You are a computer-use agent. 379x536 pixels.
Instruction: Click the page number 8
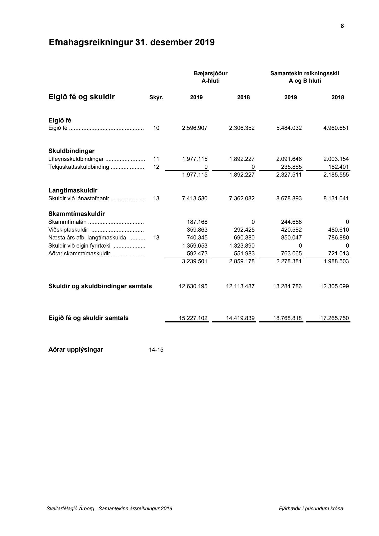click(342, 26)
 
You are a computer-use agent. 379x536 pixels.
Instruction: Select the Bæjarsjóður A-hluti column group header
click(210, 77)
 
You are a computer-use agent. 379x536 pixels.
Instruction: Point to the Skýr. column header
click(156, 98)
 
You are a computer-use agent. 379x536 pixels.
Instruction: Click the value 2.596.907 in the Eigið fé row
click(195, 128)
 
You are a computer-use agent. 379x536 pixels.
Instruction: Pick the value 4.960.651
click(336, 128)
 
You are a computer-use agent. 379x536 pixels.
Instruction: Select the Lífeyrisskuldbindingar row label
click(76, 159)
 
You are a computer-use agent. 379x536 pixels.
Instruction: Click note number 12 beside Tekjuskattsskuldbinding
click(156, 167)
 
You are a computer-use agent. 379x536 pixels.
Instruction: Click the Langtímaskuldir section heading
click(73, 190)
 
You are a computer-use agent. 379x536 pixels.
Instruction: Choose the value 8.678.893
click(289, 199)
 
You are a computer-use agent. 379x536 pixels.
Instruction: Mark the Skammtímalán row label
click(67, 222)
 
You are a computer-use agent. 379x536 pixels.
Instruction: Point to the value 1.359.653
click(195, 246)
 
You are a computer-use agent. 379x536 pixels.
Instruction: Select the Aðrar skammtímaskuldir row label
click(79, 254)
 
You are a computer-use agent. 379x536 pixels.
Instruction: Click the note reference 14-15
click(156, 350)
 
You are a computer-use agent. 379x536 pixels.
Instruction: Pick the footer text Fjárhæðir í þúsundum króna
click(311, 509)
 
